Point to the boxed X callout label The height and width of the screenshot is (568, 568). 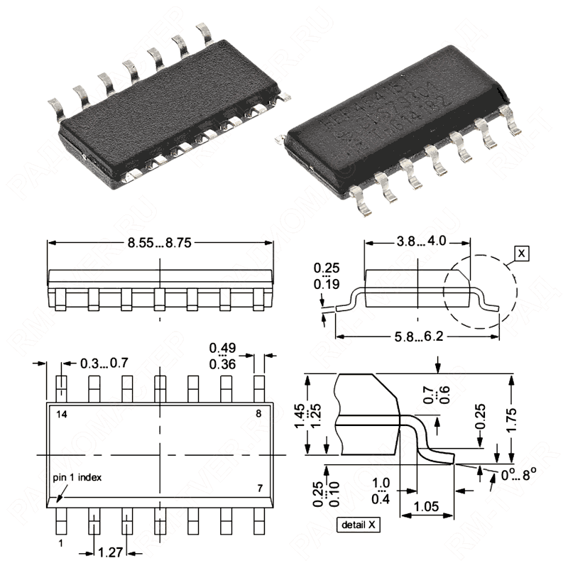tap(522, 253)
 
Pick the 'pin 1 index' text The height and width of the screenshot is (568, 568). tap(77, 477)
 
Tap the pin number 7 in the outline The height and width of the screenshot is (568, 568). tap(259, 488)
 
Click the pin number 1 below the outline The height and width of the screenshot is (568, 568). tap(61, 542)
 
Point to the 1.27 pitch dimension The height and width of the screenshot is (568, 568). tap(110, 552)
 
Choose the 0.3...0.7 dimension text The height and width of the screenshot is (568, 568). tap(104, 363)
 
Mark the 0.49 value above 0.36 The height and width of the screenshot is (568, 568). tap(222, 348)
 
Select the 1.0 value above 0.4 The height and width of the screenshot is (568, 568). tap(381, 482)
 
